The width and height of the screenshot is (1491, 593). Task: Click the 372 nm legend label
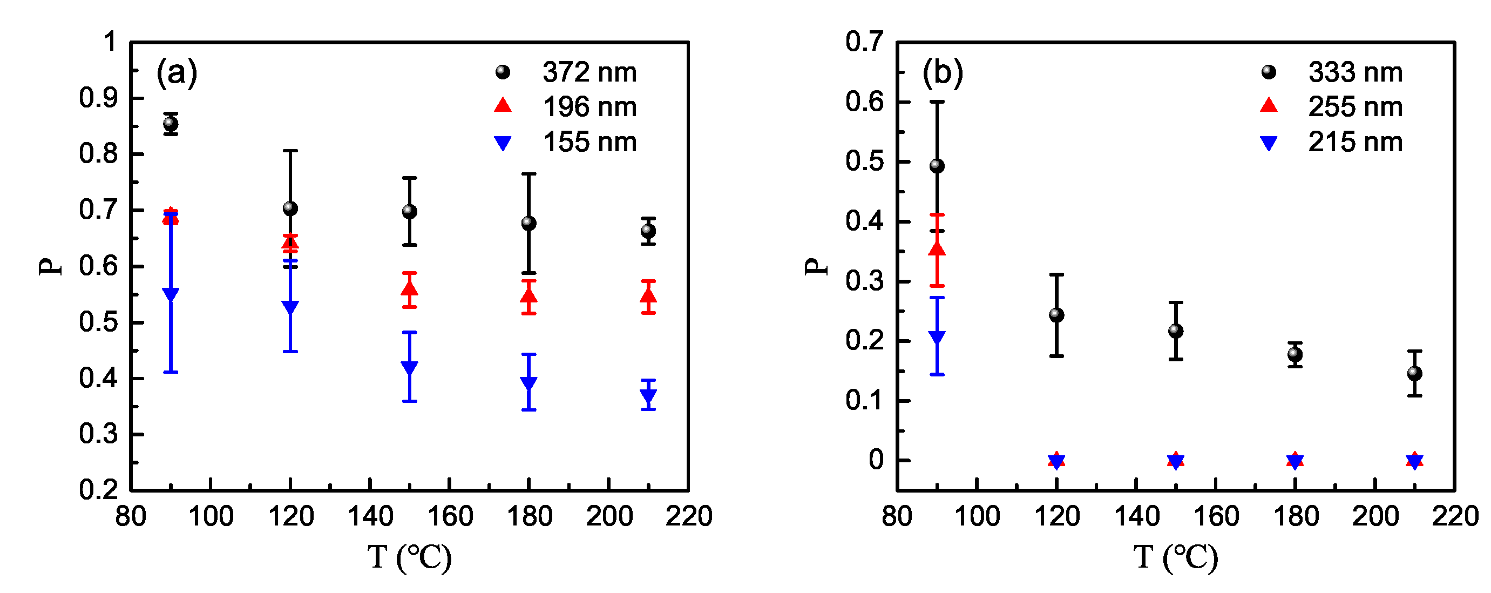(589, 72)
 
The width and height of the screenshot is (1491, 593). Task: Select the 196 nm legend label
(589, 107)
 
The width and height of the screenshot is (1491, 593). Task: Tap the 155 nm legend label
(589, 142)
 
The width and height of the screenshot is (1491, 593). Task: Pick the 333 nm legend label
(1355, 72)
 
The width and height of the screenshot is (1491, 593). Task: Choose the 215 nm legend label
(1355, 142)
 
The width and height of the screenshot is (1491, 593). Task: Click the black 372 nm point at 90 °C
(171, 123)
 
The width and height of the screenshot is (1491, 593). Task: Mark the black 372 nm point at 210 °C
(648, 232)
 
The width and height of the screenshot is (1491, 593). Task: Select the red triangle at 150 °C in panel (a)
(409, 288)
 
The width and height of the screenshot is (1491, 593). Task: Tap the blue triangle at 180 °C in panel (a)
(528, 383)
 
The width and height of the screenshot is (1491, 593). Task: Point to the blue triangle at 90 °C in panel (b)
(937, 337)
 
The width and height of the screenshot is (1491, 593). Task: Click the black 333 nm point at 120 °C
(1056, 315)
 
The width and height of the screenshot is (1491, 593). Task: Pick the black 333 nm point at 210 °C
(1414, 374)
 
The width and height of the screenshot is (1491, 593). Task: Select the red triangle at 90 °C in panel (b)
(937, 250)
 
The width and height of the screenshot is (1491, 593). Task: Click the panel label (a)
(177, 73)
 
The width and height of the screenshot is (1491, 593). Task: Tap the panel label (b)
(943, 73)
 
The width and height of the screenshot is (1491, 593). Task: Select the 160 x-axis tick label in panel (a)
(450, 516)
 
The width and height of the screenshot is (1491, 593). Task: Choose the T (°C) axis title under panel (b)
(1175, 557)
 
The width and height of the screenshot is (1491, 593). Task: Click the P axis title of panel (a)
(51, 266)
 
